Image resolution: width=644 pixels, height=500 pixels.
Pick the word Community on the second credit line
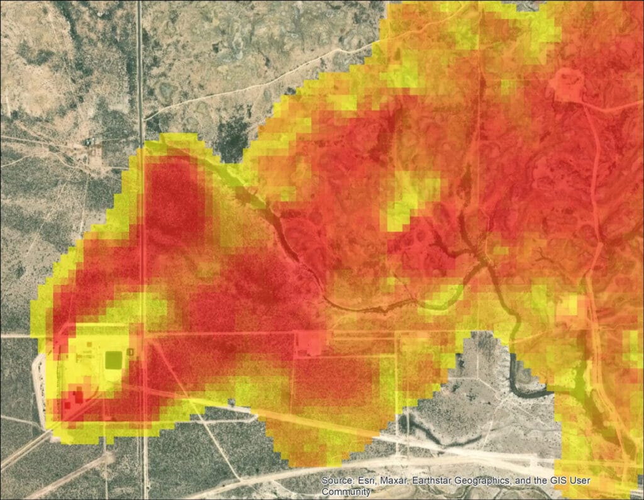[345, 492]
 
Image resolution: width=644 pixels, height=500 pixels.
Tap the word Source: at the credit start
[337, 481]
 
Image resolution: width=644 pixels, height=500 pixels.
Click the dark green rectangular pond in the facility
[114, 360]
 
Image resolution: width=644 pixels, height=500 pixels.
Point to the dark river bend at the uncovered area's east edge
[522, 384]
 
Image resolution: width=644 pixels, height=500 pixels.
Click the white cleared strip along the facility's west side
[42, 390]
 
